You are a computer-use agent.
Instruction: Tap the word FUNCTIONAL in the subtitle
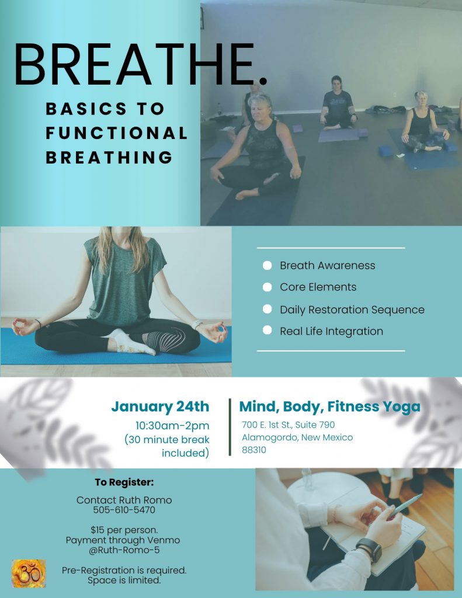click(117, 133)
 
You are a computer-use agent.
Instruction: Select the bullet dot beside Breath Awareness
click(267, 266)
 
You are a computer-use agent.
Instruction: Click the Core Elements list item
click(318, 287)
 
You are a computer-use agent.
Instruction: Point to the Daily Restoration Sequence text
click(352, 310)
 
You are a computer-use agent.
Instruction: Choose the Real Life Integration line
click(332, 332)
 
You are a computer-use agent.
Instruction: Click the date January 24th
click(160, 406)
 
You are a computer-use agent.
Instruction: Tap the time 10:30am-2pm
click(172, 426)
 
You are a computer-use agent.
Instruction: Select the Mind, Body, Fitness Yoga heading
click(329, 406)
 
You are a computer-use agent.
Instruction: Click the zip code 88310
click(254, 450)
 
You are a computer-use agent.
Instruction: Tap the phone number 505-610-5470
click(124, 510)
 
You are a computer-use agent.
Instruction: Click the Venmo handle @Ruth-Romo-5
click(124, 550)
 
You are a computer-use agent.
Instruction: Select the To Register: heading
click(124, 482)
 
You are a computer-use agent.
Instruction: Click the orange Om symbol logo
click(29, 573)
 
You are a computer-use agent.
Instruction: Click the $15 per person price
click(124, 530)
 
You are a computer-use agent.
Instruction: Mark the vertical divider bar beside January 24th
click(230, 427)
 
